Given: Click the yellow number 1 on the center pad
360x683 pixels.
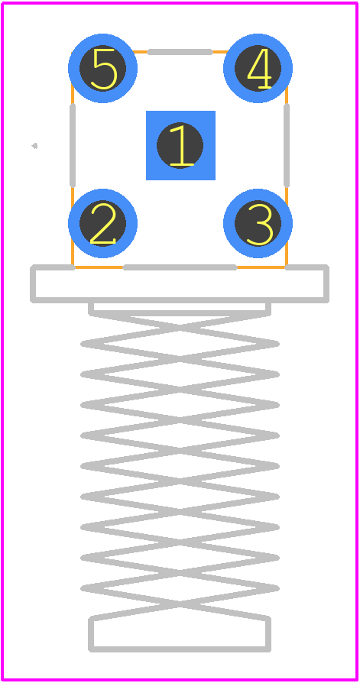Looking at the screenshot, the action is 181,145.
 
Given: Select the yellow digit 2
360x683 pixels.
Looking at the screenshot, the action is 103,223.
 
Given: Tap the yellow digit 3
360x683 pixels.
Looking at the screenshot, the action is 259,224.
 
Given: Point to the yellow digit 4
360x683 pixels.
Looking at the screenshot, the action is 259,69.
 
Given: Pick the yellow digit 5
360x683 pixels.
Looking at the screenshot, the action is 105,69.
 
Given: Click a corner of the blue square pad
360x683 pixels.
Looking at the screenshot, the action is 147,112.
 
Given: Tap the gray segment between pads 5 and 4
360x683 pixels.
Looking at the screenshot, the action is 180,52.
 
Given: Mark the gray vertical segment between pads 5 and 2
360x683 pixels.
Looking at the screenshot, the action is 73,145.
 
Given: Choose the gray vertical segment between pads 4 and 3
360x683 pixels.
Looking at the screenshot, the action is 287,145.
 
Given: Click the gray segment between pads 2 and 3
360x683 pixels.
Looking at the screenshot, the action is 180,267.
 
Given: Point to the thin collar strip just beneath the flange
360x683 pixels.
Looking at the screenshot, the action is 180,312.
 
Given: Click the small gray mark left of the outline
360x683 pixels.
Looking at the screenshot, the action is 34,145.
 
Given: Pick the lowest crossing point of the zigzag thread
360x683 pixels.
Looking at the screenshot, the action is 180,603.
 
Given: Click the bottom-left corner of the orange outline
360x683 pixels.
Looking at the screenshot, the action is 73,267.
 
